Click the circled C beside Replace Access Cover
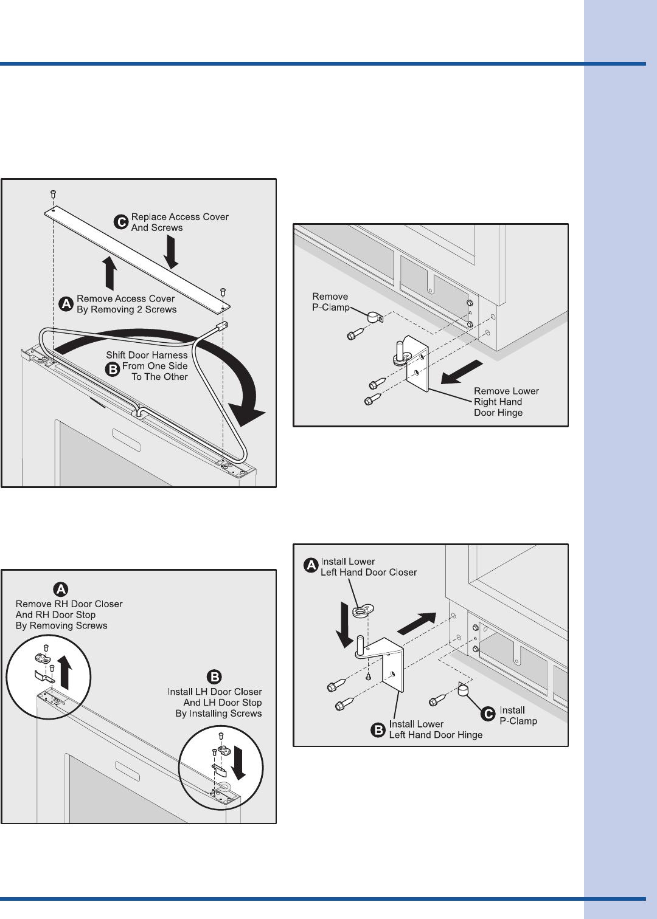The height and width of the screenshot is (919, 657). pyautogui.click(x=121, y=222)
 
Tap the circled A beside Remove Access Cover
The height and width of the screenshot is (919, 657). pyautogui.click(x=66, y=304)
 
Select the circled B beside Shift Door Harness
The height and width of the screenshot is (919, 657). pyautogui.click(x=113, y=368)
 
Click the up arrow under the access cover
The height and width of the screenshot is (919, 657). pyautogui.click(x=109, y=273)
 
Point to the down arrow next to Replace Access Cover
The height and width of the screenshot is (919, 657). pyautogui.click(x=171, y=252)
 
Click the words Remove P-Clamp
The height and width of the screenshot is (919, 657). pyautogui.click(x=330, y=302)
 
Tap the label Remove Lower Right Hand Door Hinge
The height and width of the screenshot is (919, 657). pyautogui.click(x=506, y=402)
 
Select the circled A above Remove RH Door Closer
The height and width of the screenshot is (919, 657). pyautogui.click(x=61, y=589)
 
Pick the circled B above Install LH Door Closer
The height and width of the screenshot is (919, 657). pyautogui.click(x=214, y=677)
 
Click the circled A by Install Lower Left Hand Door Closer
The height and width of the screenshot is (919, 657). pyautogui.click(x=311, y=566)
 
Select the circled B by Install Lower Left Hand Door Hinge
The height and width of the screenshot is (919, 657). pyautogui.click(x=378, y=729)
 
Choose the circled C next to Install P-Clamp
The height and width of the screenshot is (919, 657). pyautogui.click(x=488, y=715)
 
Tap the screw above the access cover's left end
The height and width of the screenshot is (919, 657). pyautogui.click(x=53, y=194)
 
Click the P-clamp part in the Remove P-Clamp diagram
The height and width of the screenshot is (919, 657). pyautogui.click(x=373, y=316)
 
